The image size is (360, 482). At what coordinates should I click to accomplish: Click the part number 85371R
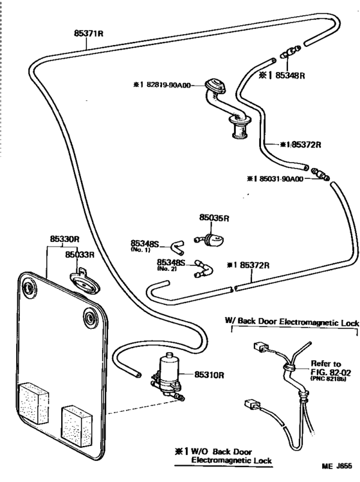pyautogui.click(x=89, y=33)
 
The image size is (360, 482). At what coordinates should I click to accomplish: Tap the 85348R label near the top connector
pyautogui.click(x=290, y=75)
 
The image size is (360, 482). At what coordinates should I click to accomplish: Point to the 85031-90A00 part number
pyautogui.click(x=282, y=179)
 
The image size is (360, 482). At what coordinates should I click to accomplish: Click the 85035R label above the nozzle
pyautogui.click(x=214, y=218)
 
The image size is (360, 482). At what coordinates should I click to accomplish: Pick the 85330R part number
pyautogui.click(x=64, y=239)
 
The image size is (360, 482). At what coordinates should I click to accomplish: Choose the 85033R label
pyautogui.click(x=80, y=255)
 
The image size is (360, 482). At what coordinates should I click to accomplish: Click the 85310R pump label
pyautogui.click(x=209, y=375)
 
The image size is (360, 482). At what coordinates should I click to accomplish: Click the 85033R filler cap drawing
pyautogui.click(x=84, y=281)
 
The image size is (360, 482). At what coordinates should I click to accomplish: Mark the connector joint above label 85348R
pyautogui.click(x=291, y=52)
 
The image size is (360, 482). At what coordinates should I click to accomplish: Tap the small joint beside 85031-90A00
pyautogui.click(x=320, y=174)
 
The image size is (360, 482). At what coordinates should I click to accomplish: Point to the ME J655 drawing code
pyautogui.click(x=337, y=467)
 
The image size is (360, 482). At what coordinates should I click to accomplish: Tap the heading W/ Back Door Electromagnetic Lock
pyautogui.click(x=292, y=322)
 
